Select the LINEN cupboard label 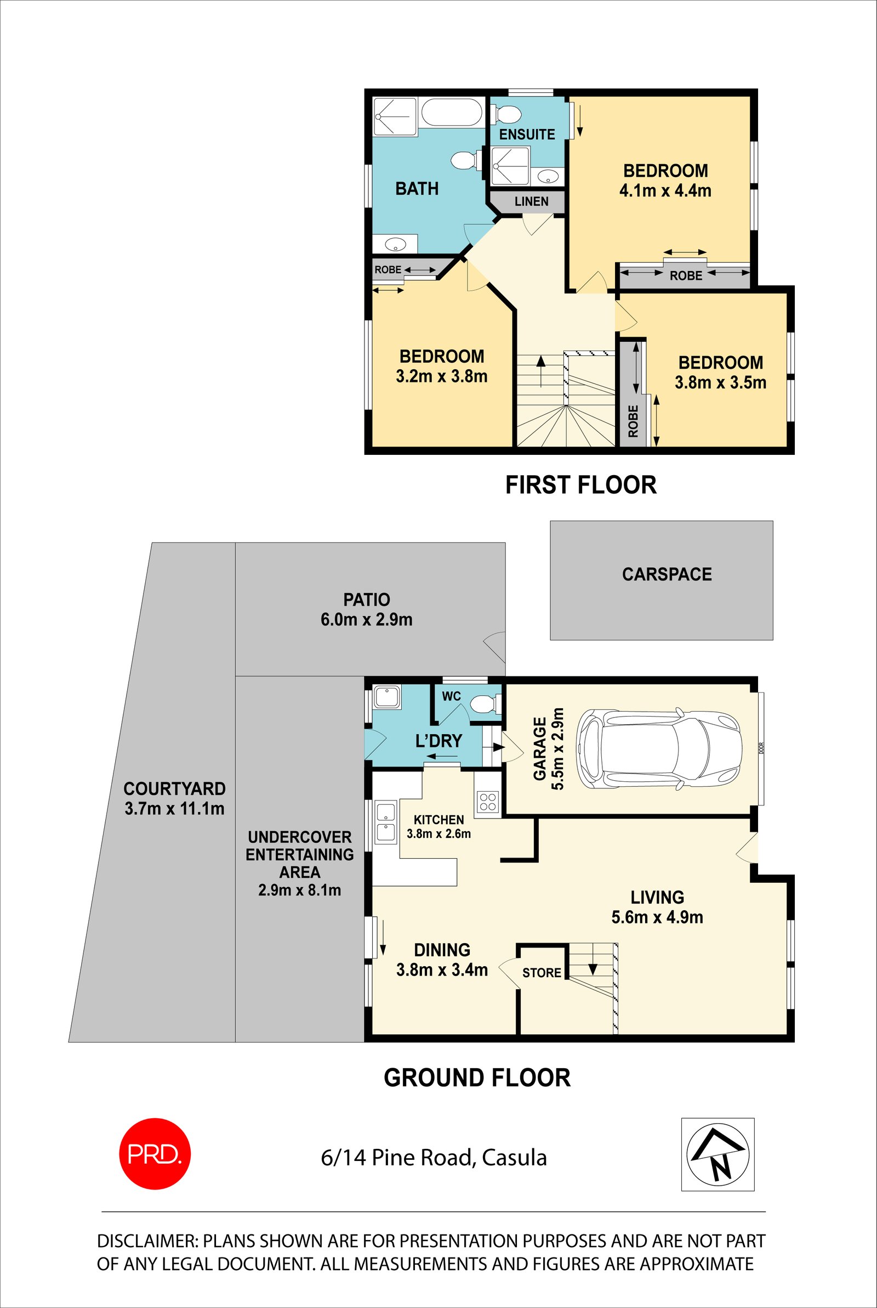531,201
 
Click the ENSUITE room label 527,134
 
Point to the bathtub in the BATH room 451,112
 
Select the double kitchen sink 386,822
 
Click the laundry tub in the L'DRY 386,697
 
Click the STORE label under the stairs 542,973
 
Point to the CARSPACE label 667,574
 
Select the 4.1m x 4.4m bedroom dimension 665,191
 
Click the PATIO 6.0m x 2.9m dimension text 366,619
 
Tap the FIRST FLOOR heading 580,484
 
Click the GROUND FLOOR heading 477,1078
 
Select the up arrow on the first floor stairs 541,370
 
